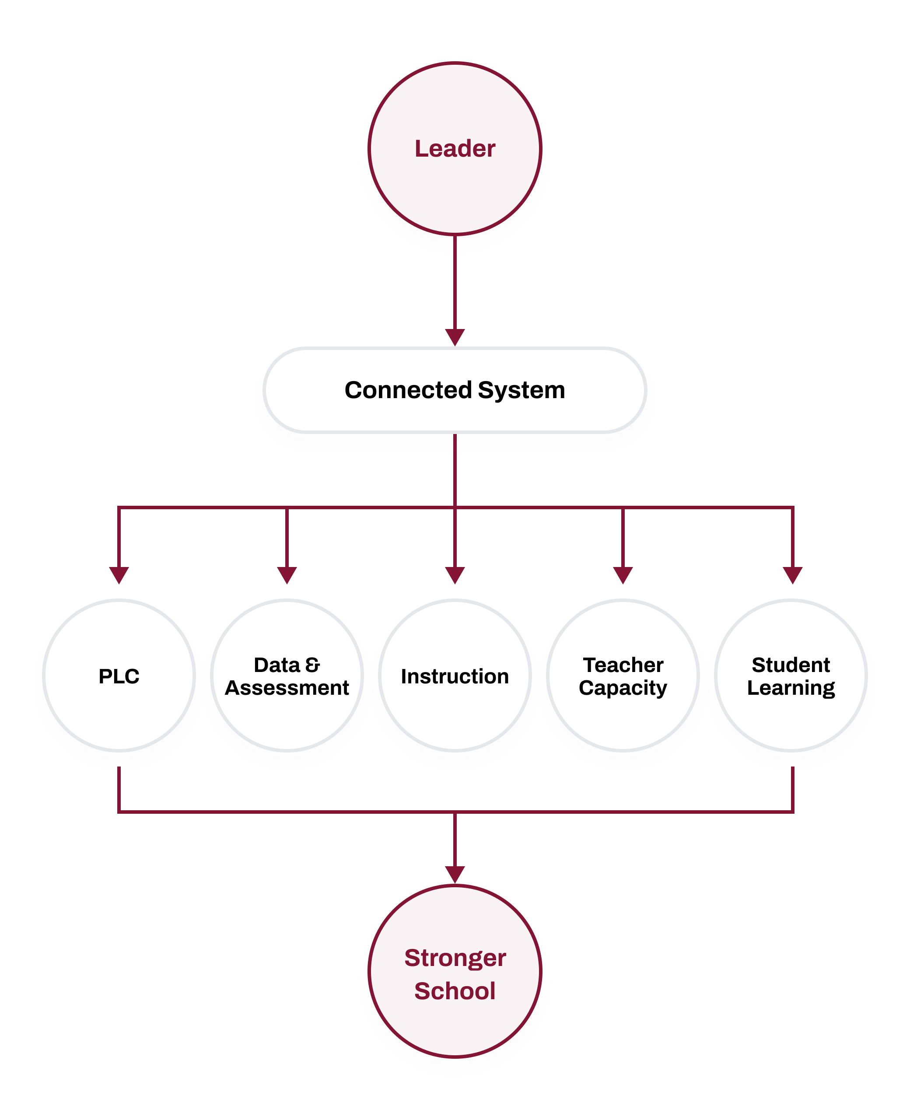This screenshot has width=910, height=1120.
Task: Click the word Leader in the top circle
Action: click(455, 149)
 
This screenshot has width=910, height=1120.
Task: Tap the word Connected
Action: click(408, 390)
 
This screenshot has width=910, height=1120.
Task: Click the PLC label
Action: click(119, 676)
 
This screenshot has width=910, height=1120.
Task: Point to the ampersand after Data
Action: click(312, 665)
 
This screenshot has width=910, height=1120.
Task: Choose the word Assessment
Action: click(287, 688)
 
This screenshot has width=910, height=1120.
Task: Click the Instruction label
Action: click(455, 676)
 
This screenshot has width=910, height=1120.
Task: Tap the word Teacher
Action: click(623, 665)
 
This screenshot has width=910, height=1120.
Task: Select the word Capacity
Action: click(623, 688)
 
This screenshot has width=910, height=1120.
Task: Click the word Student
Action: click(791, 665)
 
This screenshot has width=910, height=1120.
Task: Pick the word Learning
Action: click(791, 688)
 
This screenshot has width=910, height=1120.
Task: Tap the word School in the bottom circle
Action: click(455, 991)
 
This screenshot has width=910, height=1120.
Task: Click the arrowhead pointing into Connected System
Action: click(455, 337)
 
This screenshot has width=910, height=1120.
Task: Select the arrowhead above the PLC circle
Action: click(119, 575)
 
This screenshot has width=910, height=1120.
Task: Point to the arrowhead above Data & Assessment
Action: click(287, 575)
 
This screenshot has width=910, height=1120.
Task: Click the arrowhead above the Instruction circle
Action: click(455, 575)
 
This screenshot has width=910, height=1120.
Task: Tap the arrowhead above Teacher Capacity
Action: click(623, 575)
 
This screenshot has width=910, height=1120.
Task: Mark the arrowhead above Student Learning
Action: click(793, 575)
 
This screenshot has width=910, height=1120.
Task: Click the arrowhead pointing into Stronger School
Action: click(455, 875)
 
